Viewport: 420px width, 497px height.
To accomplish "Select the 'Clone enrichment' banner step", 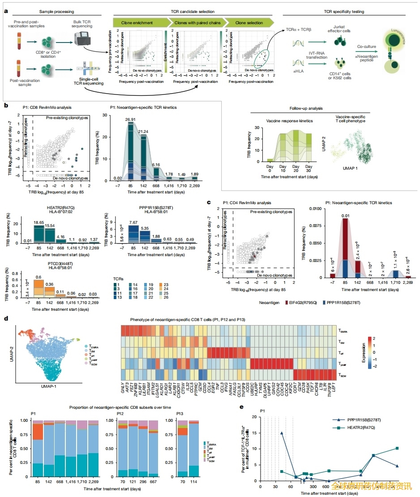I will click(134, 22).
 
